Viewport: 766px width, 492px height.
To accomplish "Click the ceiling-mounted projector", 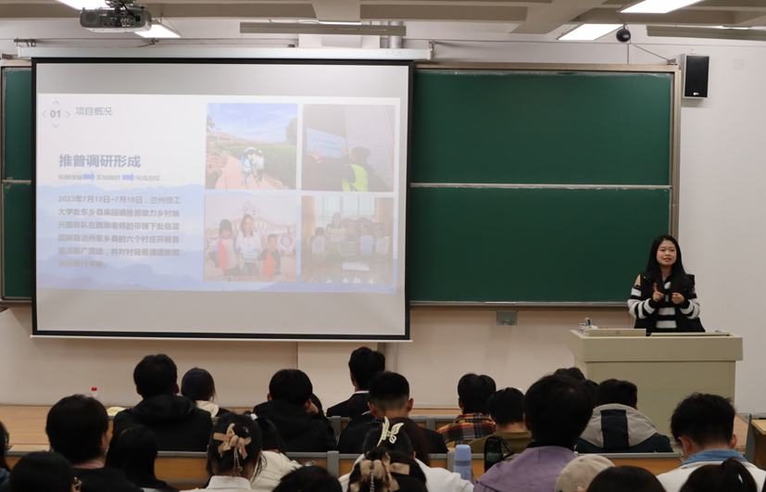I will point(115,18).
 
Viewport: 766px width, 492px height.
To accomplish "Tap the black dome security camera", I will point(623,34).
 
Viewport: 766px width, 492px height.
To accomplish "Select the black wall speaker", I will point(695,76).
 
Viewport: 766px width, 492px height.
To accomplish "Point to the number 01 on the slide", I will point(55,114).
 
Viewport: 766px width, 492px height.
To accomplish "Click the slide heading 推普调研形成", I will point(100,160).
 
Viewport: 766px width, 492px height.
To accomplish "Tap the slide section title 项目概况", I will point(94,111).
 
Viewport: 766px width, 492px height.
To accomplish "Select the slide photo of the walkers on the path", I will point(251,146).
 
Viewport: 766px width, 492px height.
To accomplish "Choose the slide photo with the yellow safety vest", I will point(348,148).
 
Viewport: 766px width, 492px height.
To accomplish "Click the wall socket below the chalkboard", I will point(506,318).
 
